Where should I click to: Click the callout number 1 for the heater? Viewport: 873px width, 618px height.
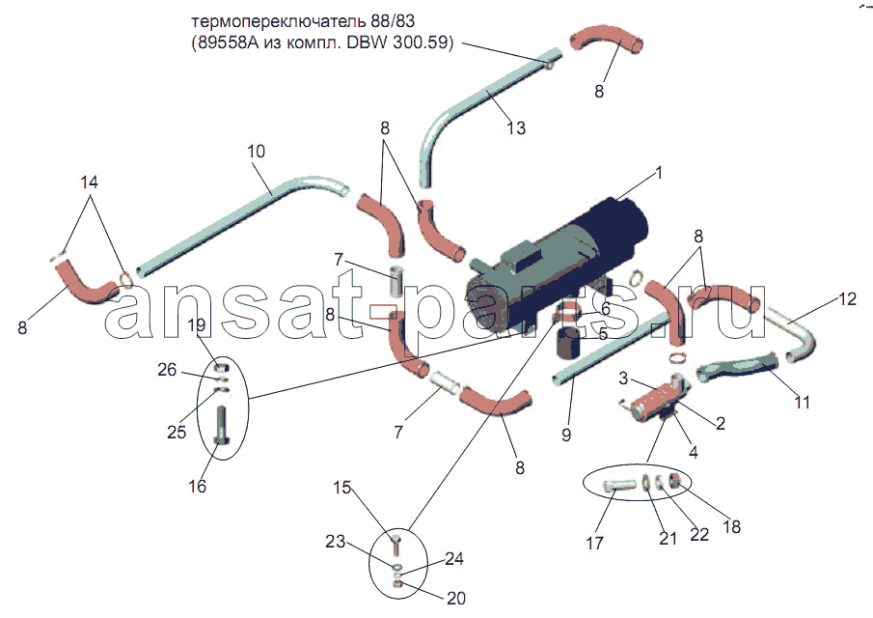click(659, 173)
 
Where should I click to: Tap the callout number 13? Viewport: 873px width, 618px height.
click(516, 128)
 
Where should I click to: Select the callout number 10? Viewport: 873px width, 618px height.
click(256, 151)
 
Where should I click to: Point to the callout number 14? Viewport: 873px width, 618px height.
click(89, 183)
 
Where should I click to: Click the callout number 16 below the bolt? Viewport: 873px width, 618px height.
click(197, 486)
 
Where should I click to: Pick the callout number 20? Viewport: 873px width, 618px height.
click(456, 598)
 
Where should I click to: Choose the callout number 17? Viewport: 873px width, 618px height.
click(594, 543)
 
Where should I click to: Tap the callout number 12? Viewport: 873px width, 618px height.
click(847, 299)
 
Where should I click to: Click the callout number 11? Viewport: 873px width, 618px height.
click(802, 402)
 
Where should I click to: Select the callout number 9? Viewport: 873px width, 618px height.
click(566, 435)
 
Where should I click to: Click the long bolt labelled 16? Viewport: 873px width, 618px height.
click(222, 425)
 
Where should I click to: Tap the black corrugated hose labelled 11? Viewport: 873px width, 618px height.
click(736, 367)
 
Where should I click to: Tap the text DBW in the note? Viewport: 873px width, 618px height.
click(368, 42)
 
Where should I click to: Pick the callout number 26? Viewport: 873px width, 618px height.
click(167, 370)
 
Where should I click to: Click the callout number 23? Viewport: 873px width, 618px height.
click(335, 541)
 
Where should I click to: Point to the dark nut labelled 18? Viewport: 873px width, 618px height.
click(675, 480)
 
